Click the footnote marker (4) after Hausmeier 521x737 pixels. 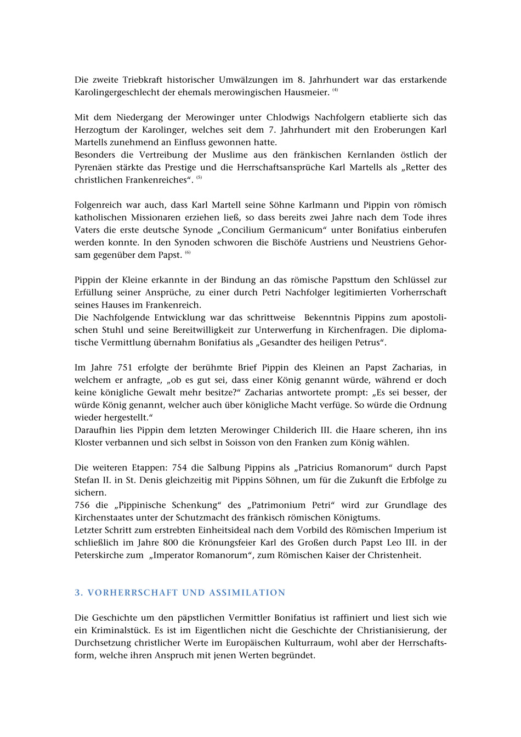point(335,90)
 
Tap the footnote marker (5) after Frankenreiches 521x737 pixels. point(199,178)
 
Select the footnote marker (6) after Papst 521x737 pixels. point(188,253)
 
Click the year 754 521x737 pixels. point(179,468)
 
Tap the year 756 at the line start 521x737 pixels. point(82,505)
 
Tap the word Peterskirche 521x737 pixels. point(100,555)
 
